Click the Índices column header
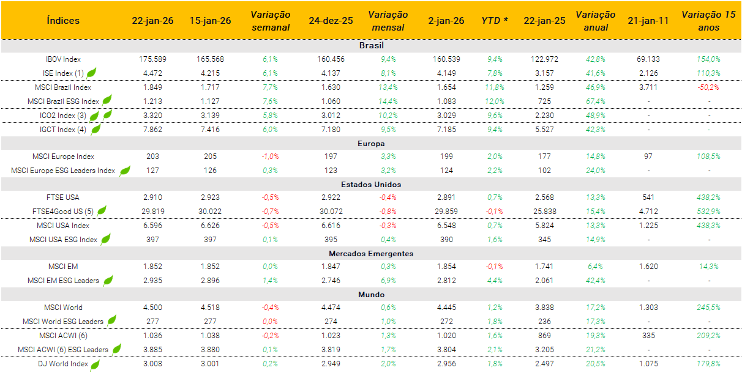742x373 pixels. pos(63,20)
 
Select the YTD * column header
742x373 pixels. pos(494,20)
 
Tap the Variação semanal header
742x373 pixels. pos(270,20)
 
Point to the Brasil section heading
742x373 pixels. pos(371,45)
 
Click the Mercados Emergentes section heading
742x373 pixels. pos(371,253)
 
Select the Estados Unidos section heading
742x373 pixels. pos(371,184)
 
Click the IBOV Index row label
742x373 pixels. pos(63,59)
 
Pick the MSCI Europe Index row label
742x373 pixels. pos(64,157)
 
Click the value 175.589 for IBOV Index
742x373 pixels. pos(152,59)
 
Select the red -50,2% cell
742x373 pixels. pos(708,87)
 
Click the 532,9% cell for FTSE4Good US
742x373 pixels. pos(708,212)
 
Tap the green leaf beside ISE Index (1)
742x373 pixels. pos(91,73)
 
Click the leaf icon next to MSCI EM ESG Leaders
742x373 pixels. pos(108,280)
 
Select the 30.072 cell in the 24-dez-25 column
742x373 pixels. pos(331,212)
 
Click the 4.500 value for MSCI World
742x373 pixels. pos(152,308)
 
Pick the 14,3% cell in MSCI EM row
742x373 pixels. pos(708,267)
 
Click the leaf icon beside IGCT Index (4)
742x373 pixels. pos(96,128)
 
